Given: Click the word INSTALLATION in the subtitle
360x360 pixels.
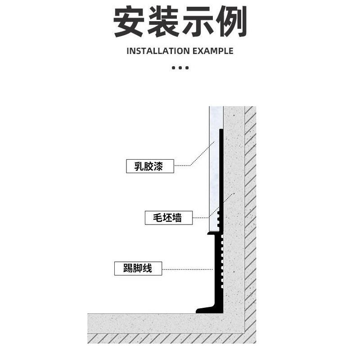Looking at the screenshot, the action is tap(158, 51).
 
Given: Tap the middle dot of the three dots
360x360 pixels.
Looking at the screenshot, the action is tap(180, 68).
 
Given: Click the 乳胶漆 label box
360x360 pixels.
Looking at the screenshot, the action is tap(149, 166).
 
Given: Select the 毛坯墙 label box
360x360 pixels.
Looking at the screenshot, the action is tap(169, 218).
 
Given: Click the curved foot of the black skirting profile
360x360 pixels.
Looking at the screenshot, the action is tap(204, 309).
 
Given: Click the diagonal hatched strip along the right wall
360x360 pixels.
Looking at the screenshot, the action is tap(250, 202).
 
